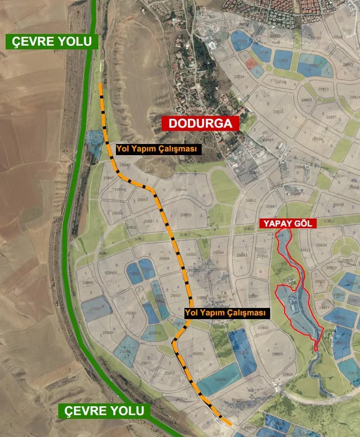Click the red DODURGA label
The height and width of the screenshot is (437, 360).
201,123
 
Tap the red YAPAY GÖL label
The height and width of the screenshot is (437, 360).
288,223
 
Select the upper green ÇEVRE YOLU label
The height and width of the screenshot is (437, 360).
52,41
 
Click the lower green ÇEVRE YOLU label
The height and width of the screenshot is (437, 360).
104,411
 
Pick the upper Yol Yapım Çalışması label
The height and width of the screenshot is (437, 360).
159,149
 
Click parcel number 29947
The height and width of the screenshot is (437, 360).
109,178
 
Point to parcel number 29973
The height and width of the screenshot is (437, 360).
170,373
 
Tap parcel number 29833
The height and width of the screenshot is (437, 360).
278,112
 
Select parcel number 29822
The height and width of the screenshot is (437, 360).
307,100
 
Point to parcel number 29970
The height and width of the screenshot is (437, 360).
146,362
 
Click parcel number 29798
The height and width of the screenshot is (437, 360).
281,82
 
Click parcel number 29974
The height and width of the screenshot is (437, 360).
182,399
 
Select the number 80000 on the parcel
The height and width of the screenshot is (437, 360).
198,354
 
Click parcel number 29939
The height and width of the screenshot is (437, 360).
338,205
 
